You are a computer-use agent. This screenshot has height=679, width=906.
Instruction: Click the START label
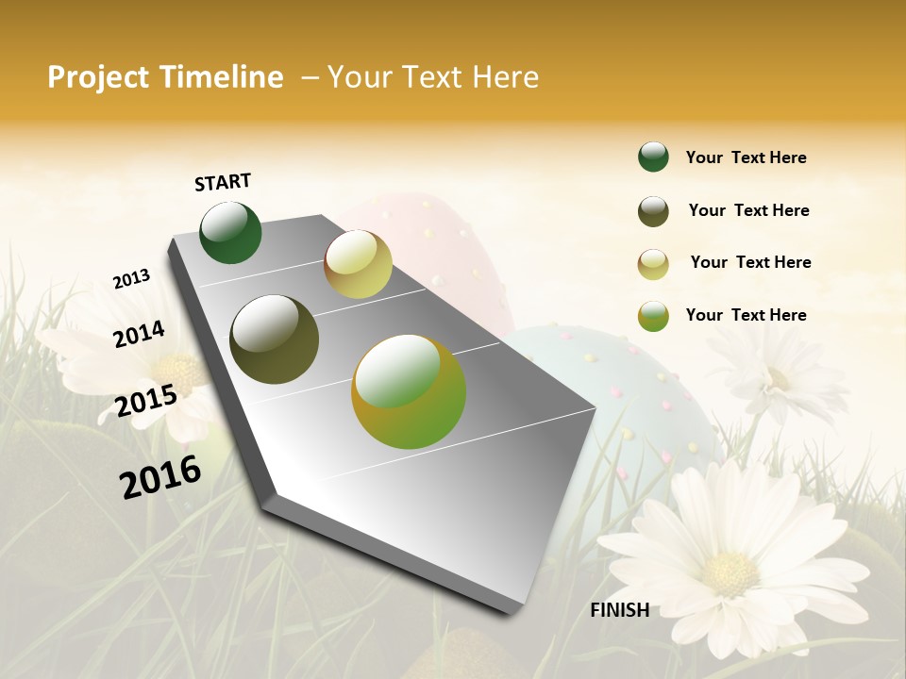coord(223,182)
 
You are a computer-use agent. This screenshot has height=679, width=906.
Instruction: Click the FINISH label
coord(619,610)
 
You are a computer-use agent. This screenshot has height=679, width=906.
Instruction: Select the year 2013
coord(131,279)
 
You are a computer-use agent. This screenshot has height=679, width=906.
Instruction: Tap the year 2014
coord(139,334)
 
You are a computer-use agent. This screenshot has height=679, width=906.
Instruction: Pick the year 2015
coord(146,401)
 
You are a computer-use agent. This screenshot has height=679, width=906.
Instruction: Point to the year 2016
coord(160,476)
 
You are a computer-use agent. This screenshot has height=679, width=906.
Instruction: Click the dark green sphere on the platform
coord(231,232)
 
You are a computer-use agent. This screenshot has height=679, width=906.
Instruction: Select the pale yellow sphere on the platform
coord(358,264)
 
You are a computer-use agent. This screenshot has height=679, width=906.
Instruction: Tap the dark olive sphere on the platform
coord(275,339)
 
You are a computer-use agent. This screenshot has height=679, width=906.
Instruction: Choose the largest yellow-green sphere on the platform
coord(409,391)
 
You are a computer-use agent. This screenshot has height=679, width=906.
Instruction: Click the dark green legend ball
coord(653,157)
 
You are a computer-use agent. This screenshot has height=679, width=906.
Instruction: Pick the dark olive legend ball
coord(653,211)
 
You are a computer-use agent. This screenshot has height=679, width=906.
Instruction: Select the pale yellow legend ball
coord(653,263)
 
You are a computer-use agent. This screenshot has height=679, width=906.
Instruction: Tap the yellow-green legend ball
coord(653,315)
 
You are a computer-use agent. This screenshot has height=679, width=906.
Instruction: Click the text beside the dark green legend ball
coord(747,157)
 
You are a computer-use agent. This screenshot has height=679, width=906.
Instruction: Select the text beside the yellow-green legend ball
coord(747,315)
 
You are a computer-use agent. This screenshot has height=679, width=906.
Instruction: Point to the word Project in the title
coord(99,77)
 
